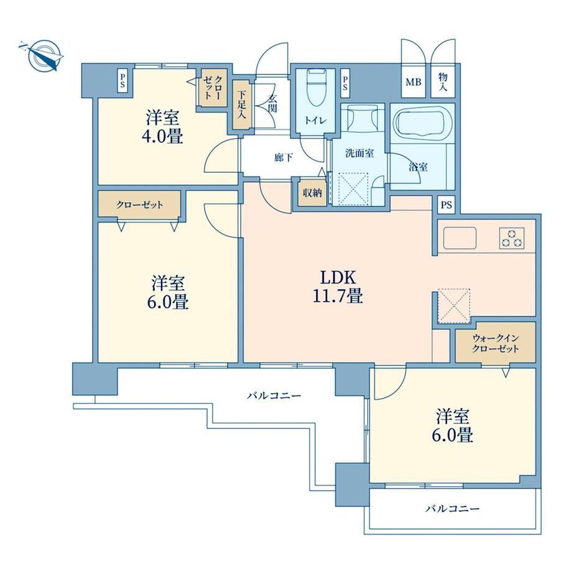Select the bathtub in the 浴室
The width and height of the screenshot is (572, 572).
422,124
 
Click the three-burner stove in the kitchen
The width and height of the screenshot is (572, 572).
512,238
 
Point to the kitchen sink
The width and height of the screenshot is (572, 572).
459,238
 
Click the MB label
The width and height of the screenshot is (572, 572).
413,82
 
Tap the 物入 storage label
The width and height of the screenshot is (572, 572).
443,81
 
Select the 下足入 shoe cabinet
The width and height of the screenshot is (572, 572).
241,104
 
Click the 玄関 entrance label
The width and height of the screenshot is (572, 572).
272,103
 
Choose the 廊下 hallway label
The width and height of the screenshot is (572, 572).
284,157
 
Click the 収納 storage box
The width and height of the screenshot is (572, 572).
313,193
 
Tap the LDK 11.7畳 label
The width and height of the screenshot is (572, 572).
338,287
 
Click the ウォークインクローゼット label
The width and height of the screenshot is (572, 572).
496,343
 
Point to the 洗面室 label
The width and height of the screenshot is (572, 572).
359,153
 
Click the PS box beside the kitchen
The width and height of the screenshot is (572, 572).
446,205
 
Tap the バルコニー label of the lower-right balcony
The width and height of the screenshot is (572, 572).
453,508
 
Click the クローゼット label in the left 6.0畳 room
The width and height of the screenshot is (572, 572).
139,205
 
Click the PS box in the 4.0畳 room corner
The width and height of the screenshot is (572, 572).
122,81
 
